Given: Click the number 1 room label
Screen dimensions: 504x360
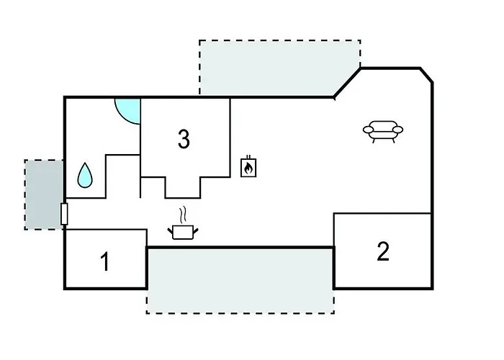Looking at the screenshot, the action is [105, 261].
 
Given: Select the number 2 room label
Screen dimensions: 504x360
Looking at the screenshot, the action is [383, 251].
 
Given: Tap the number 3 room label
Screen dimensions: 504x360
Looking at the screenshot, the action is [184, 139].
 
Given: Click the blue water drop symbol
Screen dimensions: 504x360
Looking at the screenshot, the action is [85, 176].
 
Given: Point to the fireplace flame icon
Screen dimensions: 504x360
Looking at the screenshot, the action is [248, 167].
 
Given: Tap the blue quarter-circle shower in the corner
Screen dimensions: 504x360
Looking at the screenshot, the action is [128, 111].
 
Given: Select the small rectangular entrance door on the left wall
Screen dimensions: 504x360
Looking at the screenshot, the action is [64, 214].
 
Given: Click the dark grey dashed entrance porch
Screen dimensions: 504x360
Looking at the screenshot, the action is [44, 194].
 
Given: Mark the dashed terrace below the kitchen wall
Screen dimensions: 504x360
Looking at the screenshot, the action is [240, 280].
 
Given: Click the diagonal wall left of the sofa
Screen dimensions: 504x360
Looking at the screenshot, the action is [347, 83].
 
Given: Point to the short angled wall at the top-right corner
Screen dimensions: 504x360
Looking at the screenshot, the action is [426, 75].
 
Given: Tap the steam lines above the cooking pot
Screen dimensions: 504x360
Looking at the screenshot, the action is [183, 215].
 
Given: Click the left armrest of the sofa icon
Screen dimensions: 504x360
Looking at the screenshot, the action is [369, 130].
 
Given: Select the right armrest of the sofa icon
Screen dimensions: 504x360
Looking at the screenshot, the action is [397, 130].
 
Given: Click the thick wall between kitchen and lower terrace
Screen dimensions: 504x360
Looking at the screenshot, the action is [240, 248].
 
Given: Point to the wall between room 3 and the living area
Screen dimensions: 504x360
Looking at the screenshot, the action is [230, 138].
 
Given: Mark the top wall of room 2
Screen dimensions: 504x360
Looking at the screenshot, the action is [382, 213].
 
